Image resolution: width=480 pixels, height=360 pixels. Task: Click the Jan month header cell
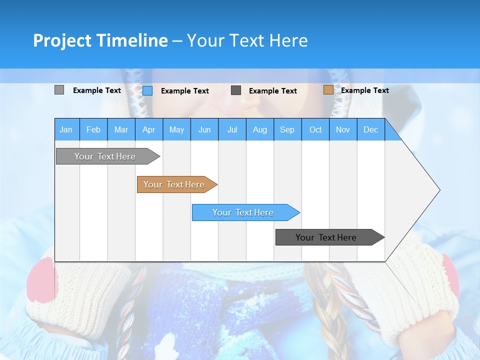66,129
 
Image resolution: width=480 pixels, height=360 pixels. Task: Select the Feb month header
93,129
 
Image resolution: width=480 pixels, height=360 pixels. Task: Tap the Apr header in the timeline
149,129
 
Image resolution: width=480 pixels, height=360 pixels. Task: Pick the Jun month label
204,129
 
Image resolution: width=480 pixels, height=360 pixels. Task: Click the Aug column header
260,129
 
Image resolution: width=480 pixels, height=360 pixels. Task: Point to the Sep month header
287,129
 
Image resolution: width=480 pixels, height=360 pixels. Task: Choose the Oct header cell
315,129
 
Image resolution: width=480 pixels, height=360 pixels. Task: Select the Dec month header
371,129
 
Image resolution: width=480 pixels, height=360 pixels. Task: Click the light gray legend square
59,90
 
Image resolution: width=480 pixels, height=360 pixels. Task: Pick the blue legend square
147,90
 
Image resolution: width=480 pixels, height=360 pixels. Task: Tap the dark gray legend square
236,90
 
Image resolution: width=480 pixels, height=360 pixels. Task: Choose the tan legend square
328,90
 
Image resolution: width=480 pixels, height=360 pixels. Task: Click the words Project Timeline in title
100,40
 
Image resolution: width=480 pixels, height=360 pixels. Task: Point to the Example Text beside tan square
365,90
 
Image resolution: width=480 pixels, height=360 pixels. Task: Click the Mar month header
121,129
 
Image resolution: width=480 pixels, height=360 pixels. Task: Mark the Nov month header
343,129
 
